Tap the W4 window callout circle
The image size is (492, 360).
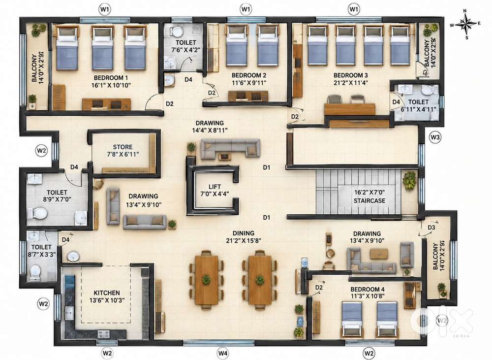coord(223,353)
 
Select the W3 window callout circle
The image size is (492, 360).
coord(435,137)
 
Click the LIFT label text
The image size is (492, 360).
coord(215,187)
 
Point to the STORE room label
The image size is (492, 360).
coord(123,147)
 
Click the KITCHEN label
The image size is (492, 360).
coord(107,293)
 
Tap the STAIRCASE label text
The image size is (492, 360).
coord(369,200)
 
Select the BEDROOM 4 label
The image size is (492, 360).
coord(368,289)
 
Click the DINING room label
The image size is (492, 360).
coord(244,233)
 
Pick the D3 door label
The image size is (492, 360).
coord(431,228)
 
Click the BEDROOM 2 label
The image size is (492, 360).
coord(249,75)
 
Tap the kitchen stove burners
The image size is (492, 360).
coord(104,333)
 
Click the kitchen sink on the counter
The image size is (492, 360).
coord(69,313)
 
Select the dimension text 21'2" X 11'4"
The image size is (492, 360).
coord(350,83)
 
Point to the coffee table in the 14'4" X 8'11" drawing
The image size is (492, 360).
coord(224,157)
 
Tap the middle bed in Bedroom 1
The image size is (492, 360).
coord(102,48)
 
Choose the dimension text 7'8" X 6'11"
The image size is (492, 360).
coord(123,154)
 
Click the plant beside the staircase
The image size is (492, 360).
coord(409,180)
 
